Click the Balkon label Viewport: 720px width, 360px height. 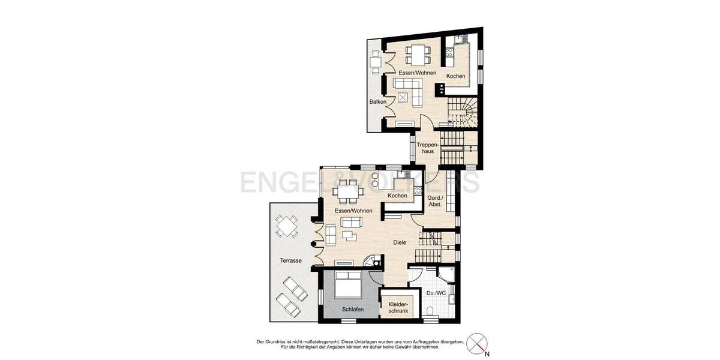(x=377, y=102)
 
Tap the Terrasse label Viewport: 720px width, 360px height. (x=290, y=260)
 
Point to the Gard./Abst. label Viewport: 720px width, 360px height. (x=435, y=201)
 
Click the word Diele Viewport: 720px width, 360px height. (x=400, y=242)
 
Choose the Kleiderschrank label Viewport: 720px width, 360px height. (x=395, y=308)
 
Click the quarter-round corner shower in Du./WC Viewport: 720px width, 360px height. (x=446, y=275)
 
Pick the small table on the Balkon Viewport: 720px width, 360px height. (x=375, y=62)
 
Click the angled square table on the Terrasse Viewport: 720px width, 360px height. (x=286, y=227)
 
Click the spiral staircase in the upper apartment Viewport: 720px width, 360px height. (x=463, y=112)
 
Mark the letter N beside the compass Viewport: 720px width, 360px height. (x=487, y=354)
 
